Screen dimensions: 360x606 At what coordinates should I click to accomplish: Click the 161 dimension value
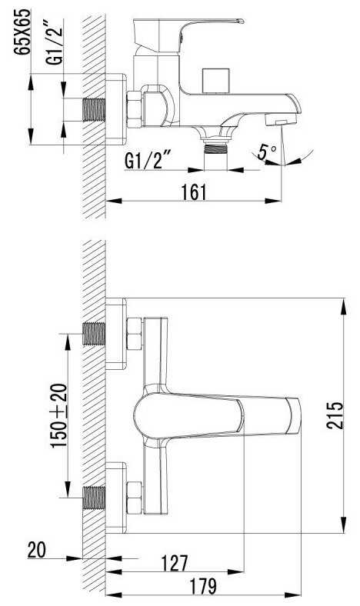pos(194,192)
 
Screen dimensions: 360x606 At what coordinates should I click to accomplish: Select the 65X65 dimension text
pos(22,32)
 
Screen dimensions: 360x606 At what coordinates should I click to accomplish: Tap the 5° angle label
pos(268,152)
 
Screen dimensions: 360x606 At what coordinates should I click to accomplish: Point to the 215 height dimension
pos(335,415)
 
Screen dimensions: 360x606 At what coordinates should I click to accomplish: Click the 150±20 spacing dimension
pos(59,415)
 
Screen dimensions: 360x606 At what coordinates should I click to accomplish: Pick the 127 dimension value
pos(175,563)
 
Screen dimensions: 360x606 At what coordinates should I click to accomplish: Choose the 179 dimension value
pos(203,586)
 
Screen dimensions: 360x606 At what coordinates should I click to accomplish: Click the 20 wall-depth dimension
pos(37,550)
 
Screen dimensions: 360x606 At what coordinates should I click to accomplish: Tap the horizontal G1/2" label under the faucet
pos(148,161)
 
